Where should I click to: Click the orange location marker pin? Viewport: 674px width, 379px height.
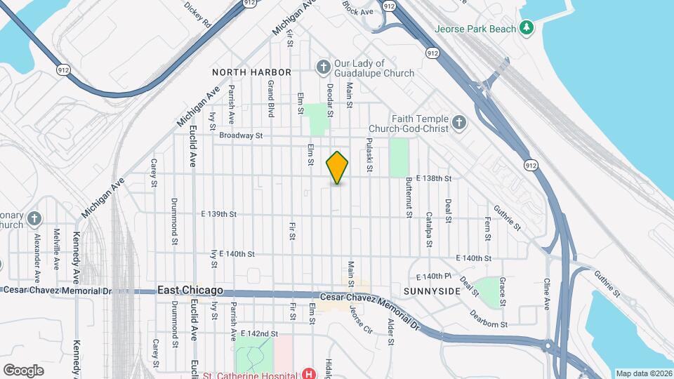pyautogui.click(x=338, y=167)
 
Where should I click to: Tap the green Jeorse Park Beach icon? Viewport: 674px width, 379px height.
pyautogui.click(x=526, y=28)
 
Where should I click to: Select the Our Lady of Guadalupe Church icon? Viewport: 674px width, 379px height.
pyautogui.click(x=323, y=67)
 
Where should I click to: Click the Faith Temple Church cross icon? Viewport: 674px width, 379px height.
pyautogui.click(x=458, y=124)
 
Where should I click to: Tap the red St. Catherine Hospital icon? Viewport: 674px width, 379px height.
pyautogui.click(x=308, y=373)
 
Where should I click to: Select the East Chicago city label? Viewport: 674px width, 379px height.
pyautogui.click(x=190, y=290)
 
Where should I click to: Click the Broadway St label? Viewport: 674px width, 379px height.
pyautogui.click(x=240, y=135)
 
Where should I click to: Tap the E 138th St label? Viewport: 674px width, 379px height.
pyautogui.click(x=433, y=179)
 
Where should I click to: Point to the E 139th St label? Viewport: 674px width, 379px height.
pyautogui.click(x=219, y=213)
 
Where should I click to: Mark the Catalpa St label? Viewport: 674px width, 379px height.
pyautogui.click(x=428, y=230)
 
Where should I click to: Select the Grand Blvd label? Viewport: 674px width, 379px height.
pyautogui.click(x=270, y=98)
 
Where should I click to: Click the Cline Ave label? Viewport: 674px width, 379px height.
pyautogui.click(x=547, y=294)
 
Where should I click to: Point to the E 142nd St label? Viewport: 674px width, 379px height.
pyautogui.click(x=259, y=333)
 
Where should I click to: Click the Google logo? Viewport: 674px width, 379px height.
pyautogui.click(x=24, y=370)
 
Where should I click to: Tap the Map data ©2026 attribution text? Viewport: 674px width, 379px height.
pyautogui.click(x=644, y=373)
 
